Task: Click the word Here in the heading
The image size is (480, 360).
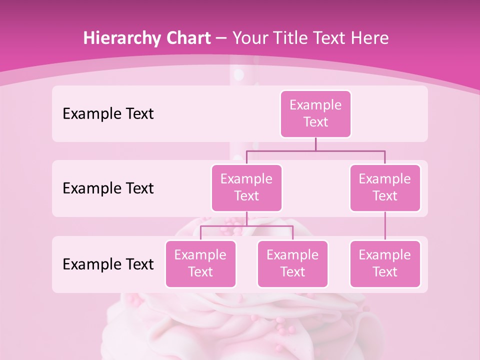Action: click(x=369, y=38)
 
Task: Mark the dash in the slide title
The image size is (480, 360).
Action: click(x=221, y=38)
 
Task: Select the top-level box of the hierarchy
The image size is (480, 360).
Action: click(x=315, y=113)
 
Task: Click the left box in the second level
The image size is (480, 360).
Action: click(x=246, y=187)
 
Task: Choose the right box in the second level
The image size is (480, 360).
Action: click(x=385, y=187)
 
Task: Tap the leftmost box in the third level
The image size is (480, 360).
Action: click(x=200, y=263)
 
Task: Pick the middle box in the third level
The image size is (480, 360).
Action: click(x=292, y=263)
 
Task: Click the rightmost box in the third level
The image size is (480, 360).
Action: click(x=385, y=263)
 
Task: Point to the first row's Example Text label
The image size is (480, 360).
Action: click(x=108, y=113)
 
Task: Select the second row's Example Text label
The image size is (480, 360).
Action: click(x=108, y=188)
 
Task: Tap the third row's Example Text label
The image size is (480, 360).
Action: click(x=108, y=264)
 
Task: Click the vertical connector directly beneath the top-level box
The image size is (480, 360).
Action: click(x=315, y=144)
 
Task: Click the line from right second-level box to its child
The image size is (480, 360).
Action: click(x=385, y=226)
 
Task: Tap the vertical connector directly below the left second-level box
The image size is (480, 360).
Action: click(x=246, y=218)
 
